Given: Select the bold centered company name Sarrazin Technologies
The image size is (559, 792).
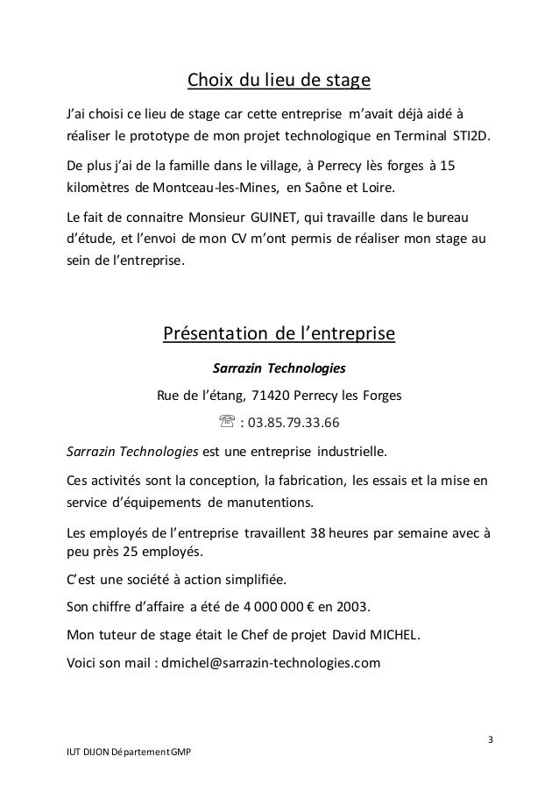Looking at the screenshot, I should pyautogui.click(x=279, y=366).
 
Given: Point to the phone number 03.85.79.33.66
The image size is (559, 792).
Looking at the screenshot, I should pyautogui.click(x=293, y=426).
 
